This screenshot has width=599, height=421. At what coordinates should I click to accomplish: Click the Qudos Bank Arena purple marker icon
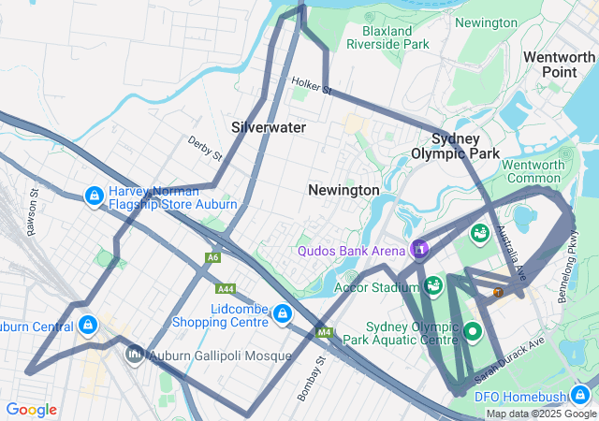419,249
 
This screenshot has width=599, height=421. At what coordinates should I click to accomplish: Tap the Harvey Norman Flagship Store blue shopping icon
94,196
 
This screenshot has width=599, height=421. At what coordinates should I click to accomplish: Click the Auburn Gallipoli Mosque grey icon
135,355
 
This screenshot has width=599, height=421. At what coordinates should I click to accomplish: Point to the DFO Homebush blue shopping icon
582,395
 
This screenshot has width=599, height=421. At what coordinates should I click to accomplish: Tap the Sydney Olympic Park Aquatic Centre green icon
473,331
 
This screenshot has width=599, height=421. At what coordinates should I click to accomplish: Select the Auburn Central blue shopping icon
87,326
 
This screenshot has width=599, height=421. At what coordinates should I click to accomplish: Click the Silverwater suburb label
269,126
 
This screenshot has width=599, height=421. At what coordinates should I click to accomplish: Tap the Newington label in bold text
343,190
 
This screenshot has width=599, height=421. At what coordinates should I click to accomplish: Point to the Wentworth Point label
559,64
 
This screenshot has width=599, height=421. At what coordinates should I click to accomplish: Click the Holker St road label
312,87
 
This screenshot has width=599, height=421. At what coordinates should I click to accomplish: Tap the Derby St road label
204,148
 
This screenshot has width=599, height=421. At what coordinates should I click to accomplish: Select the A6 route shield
214,256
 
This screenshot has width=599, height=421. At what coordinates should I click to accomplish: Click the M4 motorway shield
325,332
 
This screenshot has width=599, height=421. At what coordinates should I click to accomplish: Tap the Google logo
31,410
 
